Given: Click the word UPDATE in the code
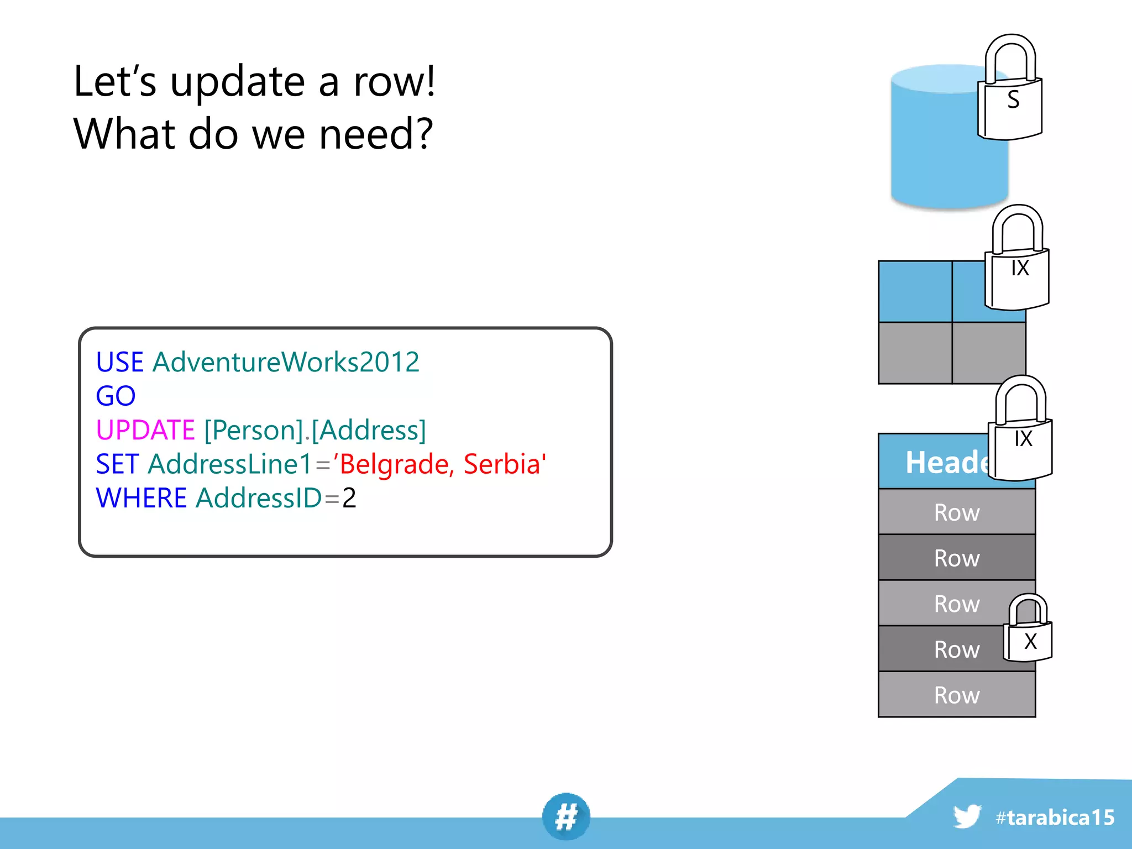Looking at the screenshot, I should click(145, 430).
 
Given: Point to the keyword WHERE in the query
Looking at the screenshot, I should click(141, 498).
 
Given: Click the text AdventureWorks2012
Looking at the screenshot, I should click(286, 363).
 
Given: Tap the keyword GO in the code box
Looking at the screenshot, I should click(116, 396).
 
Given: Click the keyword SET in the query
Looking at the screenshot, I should click(117, 464).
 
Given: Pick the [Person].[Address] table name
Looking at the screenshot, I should click(315, 430).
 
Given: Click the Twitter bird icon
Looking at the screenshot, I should click(967, 816).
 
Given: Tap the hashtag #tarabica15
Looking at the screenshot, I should click(1055, 817).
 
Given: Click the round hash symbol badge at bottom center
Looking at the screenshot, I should click(566, 816).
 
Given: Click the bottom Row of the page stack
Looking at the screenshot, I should click(956, 695).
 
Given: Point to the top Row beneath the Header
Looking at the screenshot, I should click(956, 512).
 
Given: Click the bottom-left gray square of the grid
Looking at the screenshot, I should click(915, 353).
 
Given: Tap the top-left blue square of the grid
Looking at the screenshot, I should click(915, 292).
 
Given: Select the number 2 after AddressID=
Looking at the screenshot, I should click(349, 498).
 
